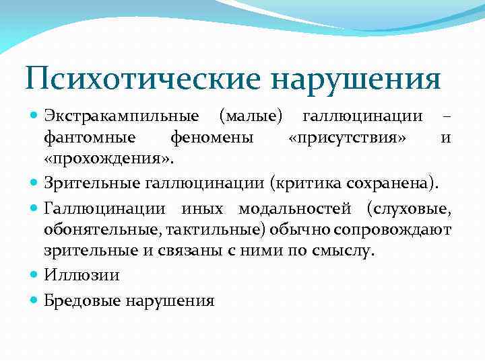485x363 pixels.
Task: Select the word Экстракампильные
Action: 121,118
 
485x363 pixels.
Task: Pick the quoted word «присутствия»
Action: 346,139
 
